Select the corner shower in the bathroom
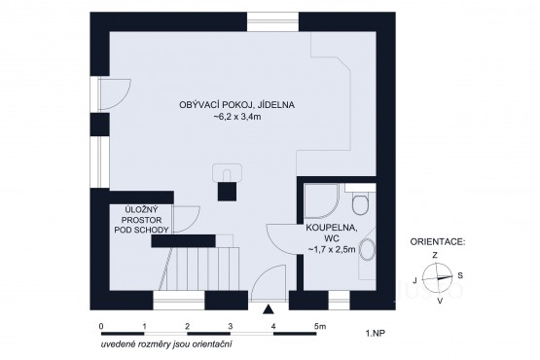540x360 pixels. pos(322,201)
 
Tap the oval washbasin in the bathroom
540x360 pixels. pos(368,249)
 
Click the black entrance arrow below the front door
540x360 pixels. pos(268,309)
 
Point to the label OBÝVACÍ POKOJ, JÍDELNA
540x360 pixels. pos(237,105)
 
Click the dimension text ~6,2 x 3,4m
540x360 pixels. pos(237,117)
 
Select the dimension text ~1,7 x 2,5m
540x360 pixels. pos(332,249)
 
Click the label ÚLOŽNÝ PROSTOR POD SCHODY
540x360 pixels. pos(141,220)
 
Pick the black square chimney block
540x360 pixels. pos(227,192)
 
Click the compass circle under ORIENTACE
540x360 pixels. pos(437,277)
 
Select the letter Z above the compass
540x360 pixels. pos(435,255)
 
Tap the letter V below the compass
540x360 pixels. pos(440,301)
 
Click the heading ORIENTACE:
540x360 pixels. pos(438,241)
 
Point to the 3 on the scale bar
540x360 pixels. pos(230,326)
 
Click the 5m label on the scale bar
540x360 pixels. pos(320,326)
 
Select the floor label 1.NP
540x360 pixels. pos(376,333)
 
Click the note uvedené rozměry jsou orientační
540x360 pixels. pos(166,344)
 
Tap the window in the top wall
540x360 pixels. pos(273,21)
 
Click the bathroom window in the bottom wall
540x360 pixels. pos(339,301)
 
